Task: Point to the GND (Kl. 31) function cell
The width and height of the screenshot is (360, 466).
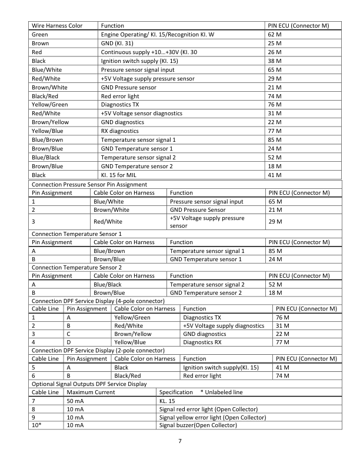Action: pos(117,44)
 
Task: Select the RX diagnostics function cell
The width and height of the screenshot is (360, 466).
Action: pos(120,131)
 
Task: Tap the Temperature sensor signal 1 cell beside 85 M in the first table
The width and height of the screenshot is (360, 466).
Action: pos(138,140)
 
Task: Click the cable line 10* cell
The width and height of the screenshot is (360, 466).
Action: pos(36,425)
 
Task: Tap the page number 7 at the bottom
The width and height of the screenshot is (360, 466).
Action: pos(179,442)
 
